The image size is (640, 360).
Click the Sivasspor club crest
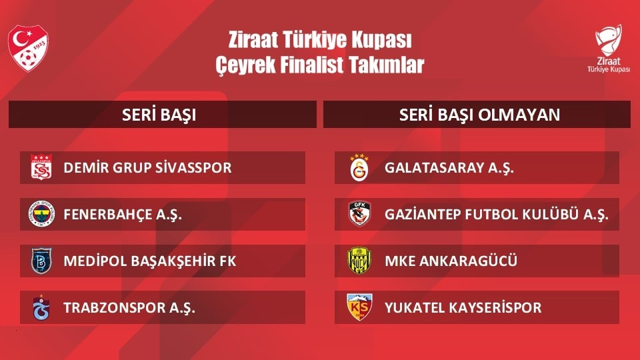coord(41,167)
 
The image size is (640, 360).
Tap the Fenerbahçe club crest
coord(41,214)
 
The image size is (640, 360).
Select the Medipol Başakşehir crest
coord(41,261)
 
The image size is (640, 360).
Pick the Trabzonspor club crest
coord(41,307)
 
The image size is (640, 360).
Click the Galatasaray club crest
coord(359,167)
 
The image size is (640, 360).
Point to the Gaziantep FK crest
coord(359,214)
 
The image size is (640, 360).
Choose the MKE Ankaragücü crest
coord(359,261)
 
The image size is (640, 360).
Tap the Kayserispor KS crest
coord(359,307)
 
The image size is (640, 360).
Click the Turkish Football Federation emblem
coord(29,48)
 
